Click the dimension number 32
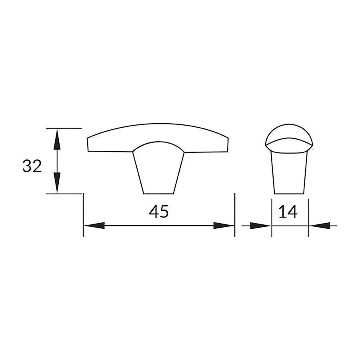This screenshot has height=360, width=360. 32,166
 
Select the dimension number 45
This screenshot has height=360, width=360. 159,212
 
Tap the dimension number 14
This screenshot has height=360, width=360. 288,212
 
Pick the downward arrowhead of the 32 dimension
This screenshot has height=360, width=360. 57,182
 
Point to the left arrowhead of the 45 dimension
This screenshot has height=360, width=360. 94,226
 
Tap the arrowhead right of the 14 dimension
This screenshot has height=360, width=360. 320,226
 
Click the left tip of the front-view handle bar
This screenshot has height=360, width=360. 88,144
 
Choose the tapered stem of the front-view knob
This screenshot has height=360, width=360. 158,172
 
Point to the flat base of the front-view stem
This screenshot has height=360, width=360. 158,194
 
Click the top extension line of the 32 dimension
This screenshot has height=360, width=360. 64,128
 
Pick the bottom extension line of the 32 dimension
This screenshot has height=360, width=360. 64,194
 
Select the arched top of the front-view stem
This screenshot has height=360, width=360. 158,142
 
